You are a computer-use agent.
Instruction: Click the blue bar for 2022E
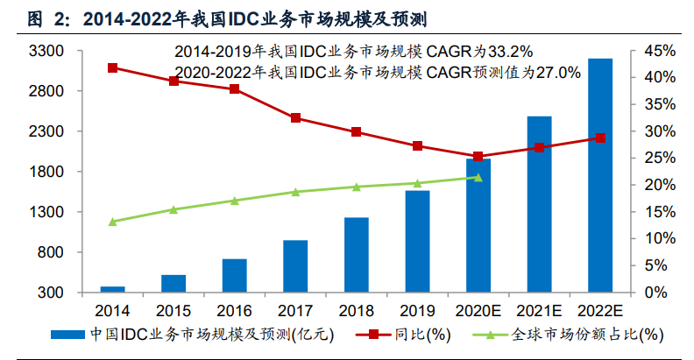click(x=600, y=175)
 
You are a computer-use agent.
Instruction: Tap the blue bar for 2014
click(x=112, y=289)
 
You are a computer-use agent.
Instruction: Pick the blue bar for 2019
click(x=417, y=241)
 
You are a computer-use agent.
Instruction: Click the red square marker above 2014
click(x=112, y=67)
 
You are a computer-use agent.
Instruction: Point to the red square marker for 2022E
click(x=600, y=138)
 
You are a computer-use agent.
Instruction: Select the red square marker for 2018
click(x=356, y=132)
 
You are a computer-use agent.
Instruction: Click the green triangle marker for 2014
click(x=112, y=222)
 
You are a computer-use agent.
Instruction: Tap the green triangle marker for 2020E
click(x=478, y=177)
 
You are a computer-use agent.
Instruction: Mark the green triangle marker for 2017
click(x=295, y=192)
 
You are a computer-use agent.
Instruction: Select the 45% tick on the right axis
click(x=657, y=52)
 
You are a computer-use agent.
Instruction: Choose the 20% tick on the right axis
click(x=657, y=185)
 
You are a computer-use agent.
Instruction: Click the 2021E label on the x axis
click(x=539, y=310)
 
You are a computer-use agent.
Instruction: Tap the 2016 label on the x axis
click(x=234, y=310)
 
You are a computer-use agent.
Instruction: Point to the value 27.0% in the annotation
click(x=557, y=73)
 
